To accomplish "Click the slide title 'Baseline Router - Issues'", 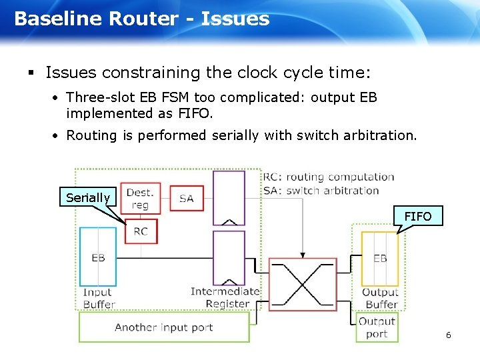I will coord(141,19).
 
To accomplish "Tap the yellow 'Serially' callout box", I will coord(88,197).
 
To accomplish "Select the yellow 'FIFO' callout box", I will coord(418,216).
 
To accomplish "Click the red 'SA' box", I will coord(187,198).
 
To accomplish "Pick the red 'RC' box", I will coord(141,231).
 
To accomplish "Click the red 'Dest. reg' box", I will coord(140,199).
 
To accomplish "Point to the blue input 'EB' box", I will coord(98,257).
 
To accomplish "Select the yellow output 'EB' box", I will coord(380,259).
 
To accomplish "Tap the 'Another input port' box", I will coord(164,327).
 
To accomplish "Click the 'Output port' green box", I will coord(377,327).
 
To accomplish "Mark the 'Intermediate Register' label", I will coord(225,297).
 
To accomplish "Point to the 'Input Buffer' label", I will coord(98,298).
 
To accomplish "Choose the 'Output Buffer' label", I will coord(380,298).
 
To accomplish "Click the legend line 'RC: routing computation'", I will coord(329,177).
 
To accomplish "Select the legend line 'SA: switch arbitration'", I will coord(321,190).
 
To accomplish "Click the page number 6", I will coord(449,335).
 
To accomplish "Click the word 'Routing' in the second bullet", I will coord(93,135).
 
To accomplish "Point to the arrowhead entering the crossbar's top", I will coord(303,254).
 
